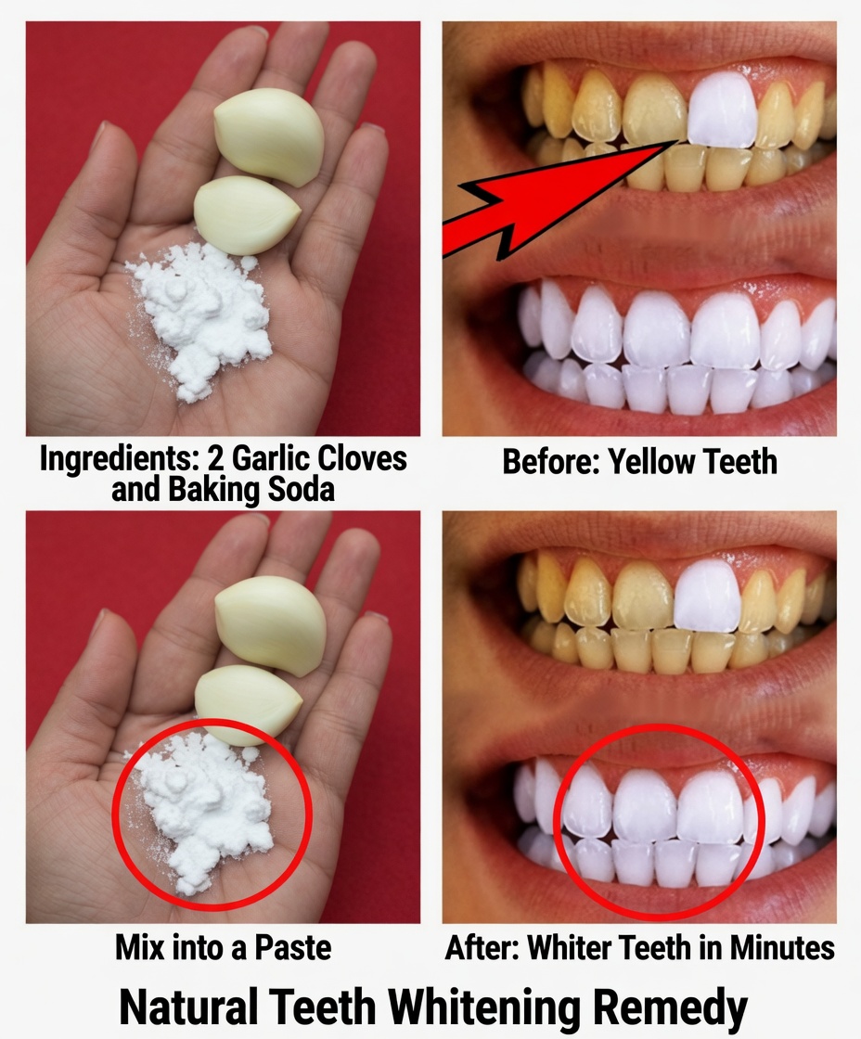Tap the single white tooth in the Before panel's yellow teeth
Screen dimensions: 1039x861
point(723,110)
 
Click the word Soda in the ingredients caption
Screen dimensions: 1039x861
point(295,489)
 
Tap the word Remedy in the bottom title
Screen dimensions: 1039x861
point(677,1007)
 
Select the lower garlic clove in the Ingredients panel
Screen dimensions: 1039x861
point(246,214)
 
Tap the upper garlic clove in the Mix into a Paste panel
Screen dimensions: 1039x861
point(270,622)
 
